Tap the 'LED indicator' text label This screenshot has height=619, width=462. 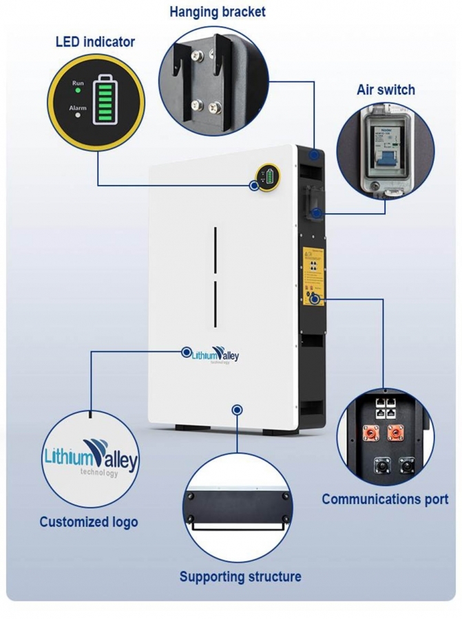click(x=95, y=42)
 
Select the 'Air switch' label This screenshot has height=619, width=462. click(x=386, y=90)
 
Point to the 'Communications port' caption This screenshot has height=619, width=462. click(x=385, y=499)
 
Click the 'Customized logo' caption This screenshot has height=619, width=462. click(x=88, y=522)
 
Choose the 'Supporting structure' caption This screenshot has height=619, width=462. click(x=240, y=576)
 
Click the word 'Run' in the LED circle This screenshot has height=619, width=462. click(x=78, y=83)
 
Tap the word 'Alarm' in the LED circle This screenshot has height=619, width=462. click(x=78, y=108)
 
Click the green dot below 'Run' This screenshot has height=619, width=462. click(x=78, y=90)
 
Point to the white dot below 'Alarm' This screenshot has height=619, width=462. click(x=78, y=116)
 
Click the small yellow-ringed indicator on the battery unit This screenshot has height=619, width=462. click(x=266, y=177)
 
